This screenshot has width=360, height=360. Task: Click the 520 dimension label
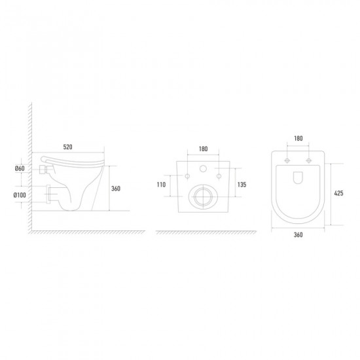click(x=67, y=147)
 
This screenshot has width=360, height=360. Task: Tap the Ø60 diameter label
click(x=20, y=168)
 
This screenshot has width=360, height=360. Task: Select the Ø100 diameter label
click(x=20, y=195)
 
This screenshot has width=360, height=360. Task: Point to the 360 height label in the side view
click(x=116, y=189)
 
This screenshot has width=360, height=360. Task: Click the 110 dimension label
click(x=161, y=185)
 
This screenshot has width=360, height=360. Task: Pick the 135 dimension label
click(x=242, y=185)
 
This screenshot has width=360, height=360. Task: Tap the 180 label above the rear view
click(x=203, y=149)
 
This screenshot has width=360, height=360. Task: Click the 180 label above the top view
click(x=298, y=139)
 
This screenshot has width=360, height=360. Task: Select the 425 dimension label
click(x=338, y=193)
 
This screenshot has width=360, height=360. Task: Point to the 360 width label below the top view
click(x=298, y=234)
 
